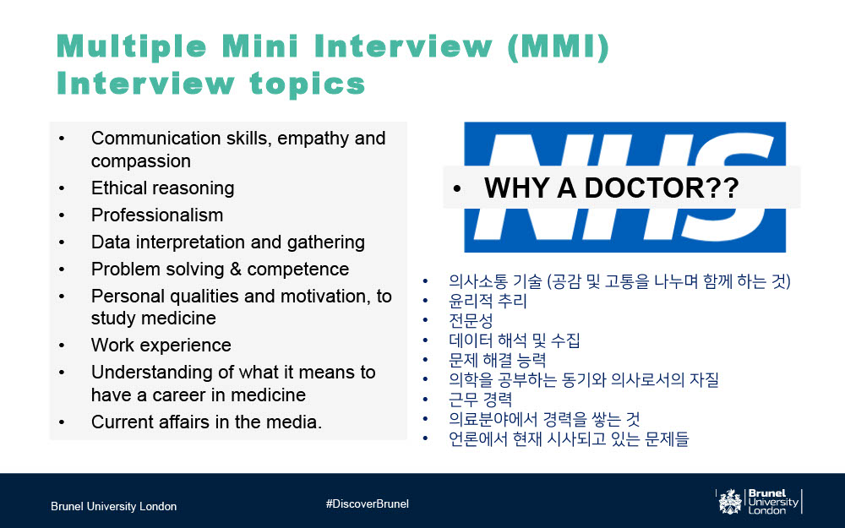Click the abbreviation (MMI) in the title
(559, 46)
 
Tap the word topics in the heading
(308, 84)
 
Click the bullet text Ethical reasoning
(163, 188)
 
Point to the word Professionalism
(157, 215)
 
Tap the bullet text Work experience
(161, 345)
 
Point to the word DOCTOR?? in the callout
(662, 188)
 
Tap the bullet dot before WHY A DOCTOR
(457, 188)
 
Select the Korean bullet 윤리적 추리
(488, 301)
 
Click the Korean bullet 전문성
(471, 320)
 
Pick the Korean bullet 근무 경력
(480, 400)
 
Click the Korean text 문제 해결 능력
(498, 360)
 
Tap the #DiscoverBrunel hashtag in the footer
(367, 504)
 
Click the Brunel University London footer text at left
(114, 506)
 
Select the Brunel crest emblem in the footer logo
(730, 502)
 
